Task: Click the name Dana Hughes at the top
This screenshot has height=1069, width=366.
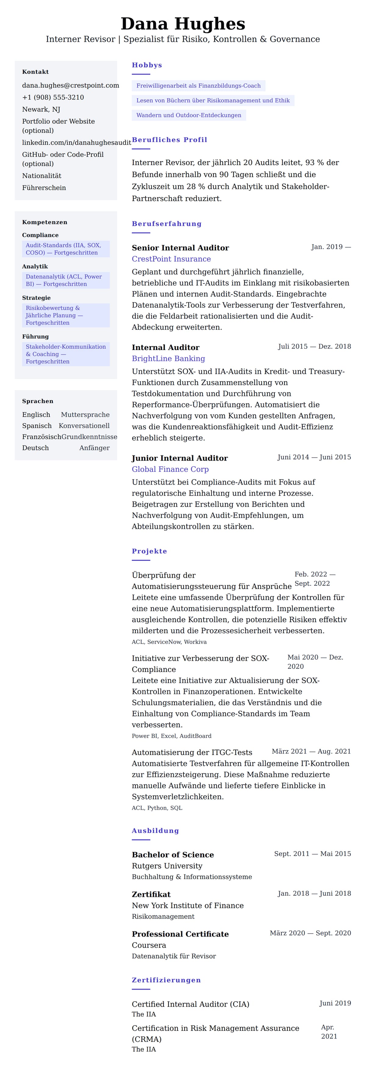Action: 183,24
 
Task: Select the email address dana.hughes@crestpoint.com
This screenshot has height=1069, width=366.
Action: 70,85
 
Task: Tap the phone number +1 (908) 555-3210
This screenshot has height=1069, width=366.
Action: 53,98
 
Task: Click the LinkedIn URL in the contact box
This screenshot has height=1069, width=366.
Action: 76,143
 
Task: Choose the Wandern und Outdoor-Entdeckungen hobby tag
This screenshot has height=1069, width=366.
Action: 188,115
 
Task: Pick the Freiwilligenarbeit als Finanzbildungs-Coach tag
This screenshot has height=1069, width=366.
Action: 198,86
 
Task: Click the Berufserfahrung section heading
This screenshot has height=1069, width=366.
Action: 167,224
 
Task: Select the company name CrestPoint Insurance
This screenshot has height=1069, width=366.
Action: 171,259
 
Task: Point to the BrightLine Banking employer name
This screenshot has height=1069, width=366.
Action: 168,359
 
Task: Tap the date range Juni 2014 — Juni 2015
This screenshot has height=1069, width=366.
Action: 314,457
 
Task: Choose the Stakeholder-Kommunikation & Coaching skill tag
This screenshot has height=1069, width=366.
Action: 66,354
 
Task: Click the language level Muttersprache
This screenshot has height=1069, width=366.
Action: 85,415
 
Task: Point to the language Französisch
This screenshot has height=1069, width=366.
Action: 41,437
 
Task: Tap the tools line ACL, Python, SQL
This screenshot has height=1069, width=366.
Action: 157,808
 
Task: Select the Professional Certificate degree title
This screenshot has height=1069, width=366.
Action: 180,934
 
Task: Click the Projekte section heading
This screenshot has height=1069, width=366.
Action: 149,551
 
